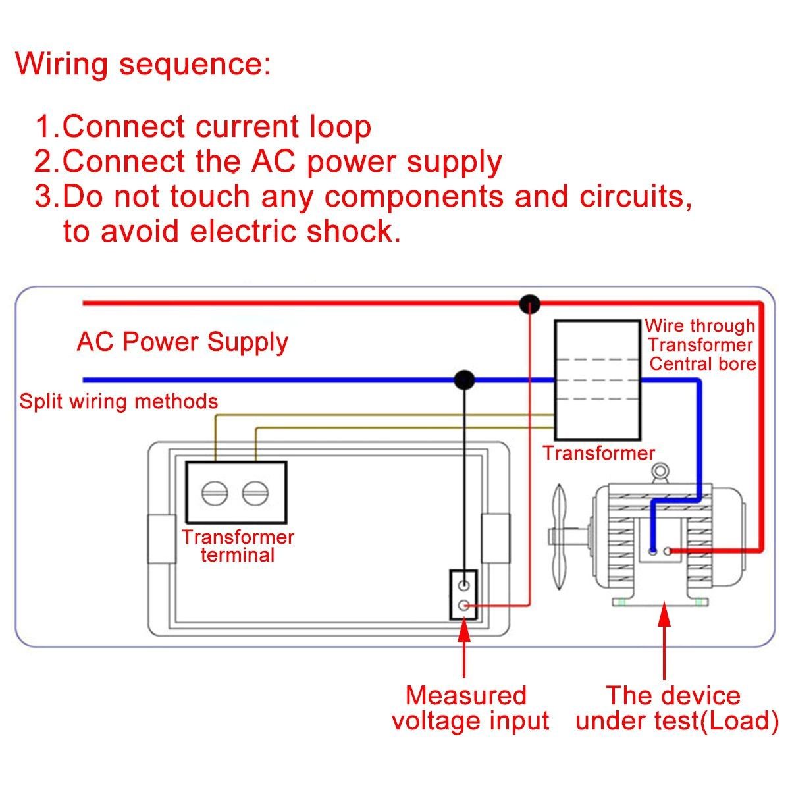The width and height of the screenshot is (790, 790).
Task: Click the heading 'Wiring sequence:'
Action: point(143,65)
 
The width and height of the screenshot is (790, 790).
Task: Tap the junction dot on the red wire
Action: point(530,304)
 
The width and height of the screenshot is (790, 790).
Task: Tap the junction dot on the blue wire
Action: point(464,380)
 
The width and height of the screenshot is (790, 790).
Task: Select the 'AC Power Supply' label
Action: point(182,342)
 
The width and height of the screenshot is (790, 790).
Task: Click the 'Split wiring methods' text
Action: point(118,402)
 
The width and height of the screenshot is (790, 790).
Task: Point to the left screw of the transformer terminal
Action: point(215,492)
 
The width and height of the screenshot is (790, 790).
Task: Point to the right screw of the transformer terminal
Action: point(255,492)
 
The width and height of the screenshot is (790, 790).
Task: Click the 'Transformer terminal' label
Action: point(238,546)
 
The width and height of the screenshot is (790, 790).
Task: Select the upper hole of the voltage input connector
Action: point(463,585)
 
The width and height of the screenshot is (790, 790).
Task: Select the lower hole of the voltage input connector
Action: point(463,606)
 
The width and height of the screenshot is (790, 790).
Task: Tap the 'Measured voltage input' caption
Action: point(469,708)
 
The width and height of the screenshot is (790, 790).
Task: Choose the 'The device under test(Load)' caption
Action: point(676,708)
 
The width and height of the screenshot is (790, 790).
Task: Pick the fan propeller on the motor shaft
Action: point(560,537)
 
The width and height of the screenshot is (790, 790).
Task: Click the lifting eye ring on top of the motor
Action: point(660,471)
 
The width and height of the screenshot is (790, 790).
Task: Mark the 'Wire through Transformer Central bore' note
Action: point(700,345)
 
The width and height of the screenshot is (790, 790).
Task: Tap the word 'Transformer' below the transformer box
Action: point(598,453)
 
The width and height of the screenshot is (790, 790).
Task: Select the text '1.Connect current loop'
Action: point(203,126)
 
